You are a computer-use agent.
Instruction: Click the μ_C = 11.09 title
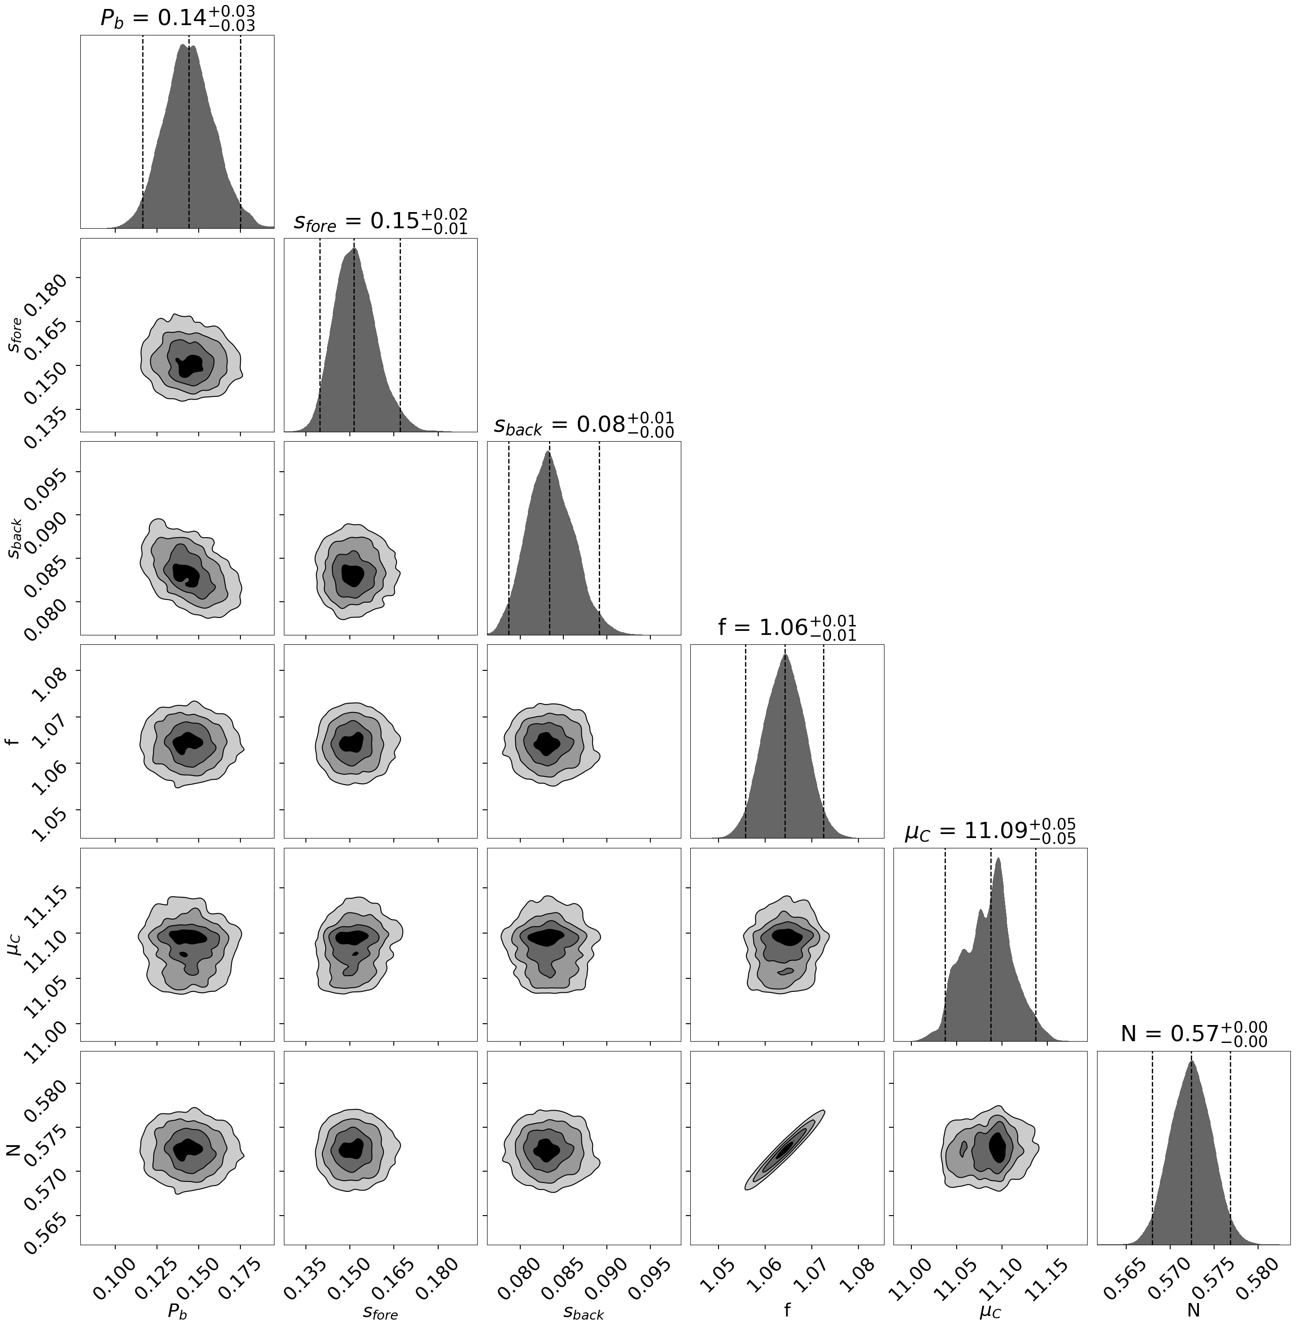(990, 831)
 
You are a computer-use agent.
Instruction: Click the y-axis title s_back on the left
(15, 539)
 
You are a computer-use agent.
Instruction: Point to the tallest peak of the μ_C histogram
(999, 860)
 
